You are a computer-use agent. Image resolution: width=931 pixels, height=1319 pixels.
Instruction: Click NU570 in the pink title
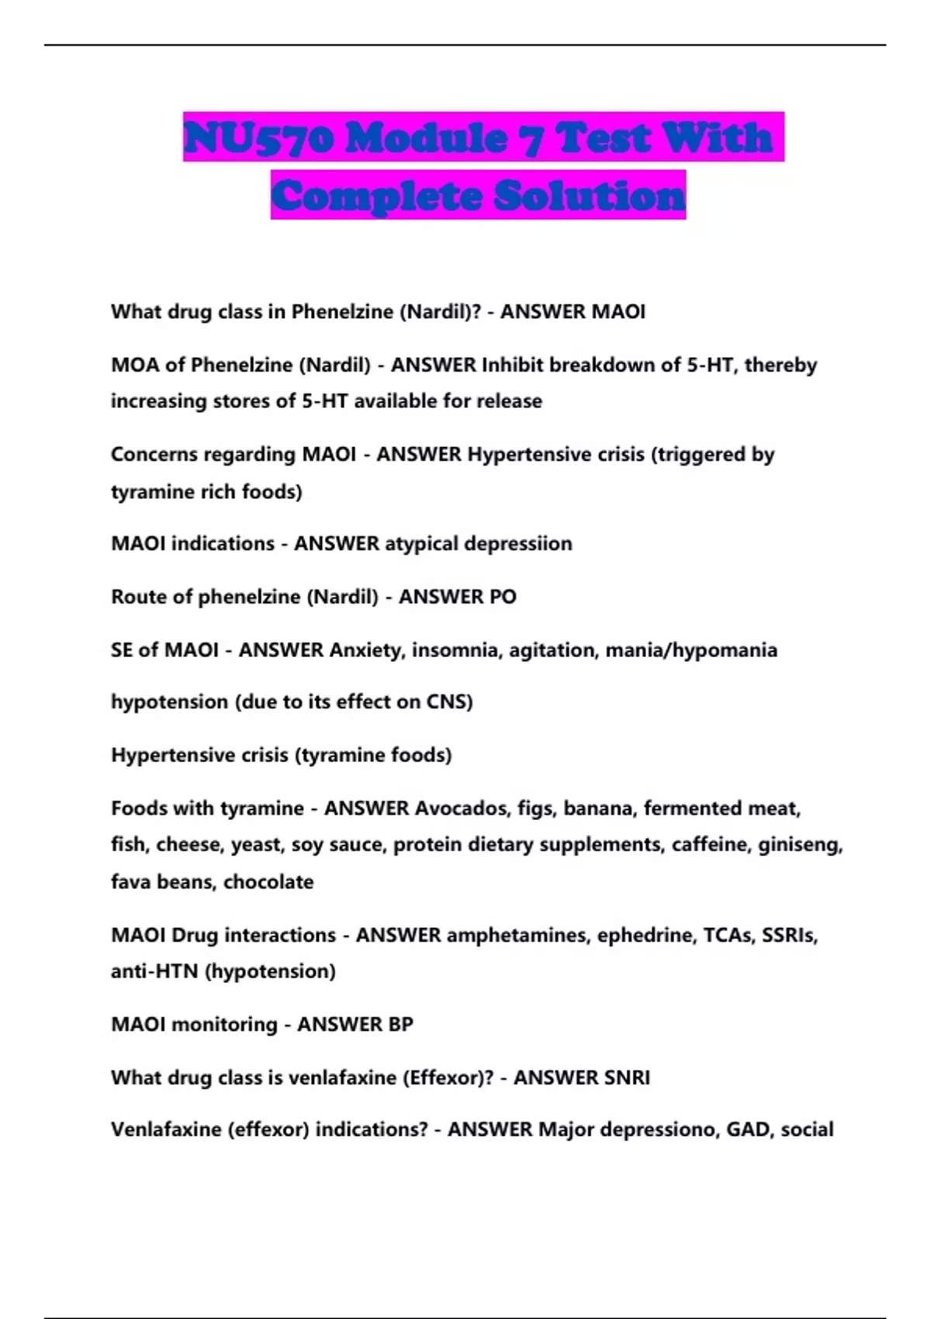[x=259, y=138]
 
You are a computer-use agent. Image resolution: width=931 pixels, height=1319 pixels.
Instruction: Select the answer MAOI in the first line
[x=618, y=312]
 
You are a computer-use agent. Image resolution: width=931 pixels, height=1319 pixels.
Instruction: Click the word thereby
[x=780, y=365]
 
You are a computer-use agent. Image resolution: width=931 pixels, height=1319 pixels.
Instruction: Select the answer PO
[x=503, y=597]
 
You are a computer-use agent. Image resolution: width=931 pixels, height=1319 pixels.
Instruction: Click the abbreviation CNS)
[x=449, y=702]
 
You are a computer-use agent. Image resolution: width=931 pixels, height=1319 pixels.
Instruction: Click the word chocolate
[x=268, y=881]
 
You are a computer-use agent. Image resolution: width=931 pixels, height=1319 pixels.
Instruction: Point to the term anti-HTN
[x=154, y=971]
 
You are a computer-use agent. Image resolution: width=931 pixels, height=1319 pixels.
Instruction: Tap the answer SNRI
[x=621, y=1078]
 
